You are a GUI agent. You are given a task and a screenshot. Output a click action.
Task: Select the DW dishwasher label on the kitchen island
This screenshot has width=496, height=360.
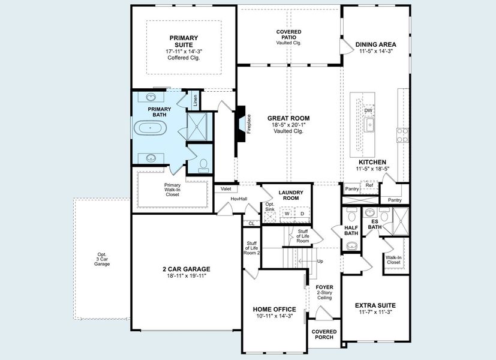tap(368, 110)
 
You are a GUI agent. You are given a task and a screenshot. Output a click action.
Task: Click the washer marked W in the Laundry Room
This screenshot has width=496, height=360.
tap(287, 213)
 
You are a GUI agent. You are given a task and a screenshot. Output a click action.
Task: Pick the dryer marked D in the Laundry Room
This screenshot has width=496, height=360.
tap(302, 213)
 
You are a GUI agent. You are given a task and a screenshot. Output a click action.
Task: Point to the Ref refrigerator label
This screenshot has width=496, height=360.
tap(369, 185)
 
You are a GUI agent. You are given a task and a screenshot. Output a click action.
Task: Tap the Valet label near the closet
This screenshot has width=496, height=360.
tap(226, 188)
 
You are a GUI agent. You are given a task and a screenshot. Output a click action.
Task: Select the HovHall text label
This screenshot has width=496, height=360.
tap(239, 199)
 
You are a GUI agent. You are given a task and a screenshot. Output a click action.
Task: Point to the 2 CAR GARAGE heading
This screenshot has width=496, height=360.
tap(186, 269)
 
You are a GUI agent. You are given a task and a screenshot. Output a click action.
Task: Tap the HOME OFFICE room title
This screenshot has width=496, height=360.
tap(275, 309)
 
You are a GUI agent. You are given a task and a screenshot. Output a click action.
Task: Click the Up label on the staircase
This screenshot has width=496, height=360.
tap(320, 261)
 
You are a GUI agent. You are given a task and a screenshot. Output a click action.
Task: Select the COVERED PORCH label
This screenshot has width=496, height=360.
tap(324, 334)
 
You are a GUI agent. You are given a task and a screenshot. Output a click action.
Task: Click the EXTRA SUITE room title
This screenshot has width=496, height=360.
tap(375, 305)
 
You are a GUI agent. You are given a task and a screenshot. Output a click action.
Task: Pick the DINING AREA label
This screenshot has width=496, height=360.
tap(375, 44)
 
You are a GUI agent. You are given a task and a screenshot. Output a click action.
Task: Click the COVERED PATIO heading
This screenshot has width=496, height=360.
tap(288, 34)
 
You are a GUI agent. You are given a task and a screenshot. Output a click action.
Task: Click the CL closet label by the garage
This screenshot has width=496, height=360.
tap(252, 223)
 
